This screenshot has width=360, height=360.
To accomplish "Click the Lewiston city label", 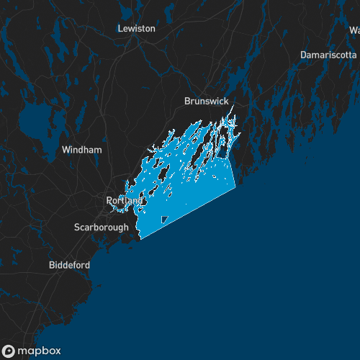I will click(x=136, y=28).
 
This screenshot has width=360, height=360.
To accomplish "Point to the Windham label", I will click(x=82, y=150).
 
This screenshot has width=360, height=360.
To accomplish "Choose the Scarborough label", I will click(x=102, y=228).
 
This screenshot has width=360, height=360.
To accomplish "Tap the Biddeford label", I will click(x=70, y=265).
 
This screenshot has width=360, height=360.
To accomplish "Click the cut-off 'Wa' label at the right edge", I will click(x=354, y=31).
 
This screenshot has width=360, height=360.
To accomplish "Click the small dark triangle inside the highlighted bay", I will click(x=164, y=219).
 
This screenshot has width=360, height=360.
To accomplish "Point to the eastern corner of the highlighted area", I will click(x=235, y=186).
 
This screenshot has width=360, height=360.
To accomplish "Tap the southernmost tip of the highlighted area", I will click(x=140, y=238).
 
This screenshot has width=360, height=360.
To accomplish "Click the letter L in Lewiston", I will click(x=120, y=28).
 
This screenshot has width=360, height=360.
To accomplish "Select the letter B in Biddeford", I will click(x=52, y=265).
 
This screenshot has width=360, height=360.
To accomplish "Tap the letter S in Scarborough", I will click(x=77, y=228).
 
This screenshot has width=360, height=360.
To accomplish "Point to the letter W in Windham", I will click(x=66, y=150).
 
